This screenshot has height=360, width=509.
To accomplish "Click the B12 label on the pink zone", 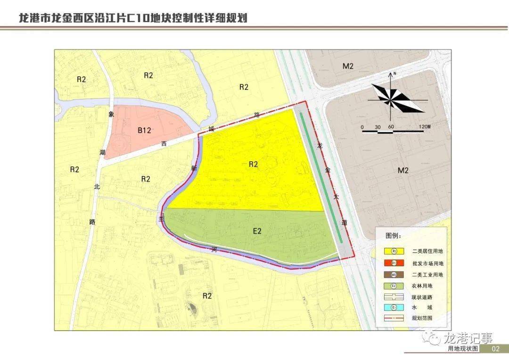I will point(144,131).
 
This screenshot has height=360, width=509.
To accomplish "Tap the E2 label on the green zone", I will point(257,231).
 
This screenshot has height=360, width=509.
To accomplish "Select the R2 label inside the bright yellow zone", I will point(253,164).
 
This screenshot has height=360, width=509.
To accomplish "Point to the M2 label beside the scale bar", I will point(402,170).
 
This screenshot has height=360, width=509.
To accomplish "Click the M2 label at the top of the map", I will point(348,66).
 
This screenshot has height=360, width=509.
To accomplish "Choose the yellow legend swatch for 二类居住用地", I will point(394,252).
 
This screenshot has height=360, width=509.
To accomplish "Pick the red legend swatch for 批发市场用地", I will point(394,263).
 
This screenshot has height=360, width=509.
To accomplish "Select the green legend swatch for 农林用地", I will point(394,286).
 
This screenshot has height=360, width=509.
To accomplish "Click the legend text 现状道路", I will point(422,297).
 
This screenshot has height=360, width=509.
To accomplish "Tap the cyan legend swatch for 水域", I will point(394,308).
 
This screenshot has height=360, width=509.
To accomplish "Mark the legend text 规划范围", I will point(422,319).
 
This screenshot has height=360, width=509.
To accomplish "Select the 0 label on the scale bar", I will point(362,127).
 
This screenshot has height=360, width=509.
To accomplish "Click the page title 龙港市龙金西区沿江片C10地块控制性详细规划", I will point(132,18).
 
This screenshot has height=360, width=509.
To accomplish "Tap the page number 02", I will point(495,349).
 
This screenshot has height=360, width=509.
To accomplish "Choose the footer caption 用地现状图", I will point(463,349).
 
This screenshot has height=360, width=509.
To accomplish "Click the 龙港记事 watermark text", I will point(468,338).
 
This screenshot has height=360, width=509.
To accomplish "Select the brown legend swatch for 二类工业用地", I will point(394,274).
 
